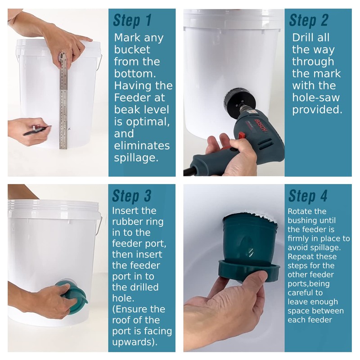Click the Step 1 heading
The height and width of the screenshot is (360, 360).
(x=132, y=20)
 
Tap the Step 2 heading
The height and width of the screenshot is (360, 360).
(x=308, y=20)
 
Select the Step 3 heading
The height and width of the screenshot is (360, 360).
(x=131, y=196)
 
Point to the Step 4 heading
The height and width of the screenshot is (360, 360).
(x=308, y=196)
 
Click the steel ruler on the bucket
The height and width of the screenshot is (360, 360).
(x=63, y=101)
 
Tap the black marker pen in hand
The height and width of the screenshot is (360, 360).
(x=37, y=130)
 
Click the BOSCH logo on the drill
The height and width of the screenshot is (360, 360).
(x=261, y=126)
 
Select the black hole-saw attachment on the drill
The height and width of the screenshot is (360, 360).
(x=237, y=99)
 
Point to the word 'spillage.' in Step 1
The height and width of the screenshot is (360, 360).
(x=136, y=158)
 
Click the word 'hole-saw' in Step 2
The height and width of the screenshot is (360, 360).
(x=316, y=97)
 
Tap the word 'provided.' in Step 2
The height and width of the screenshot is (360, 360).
(x=317, y=109)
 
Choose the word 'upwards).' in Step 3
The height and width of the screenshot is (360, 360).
(x=135, y=342)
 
